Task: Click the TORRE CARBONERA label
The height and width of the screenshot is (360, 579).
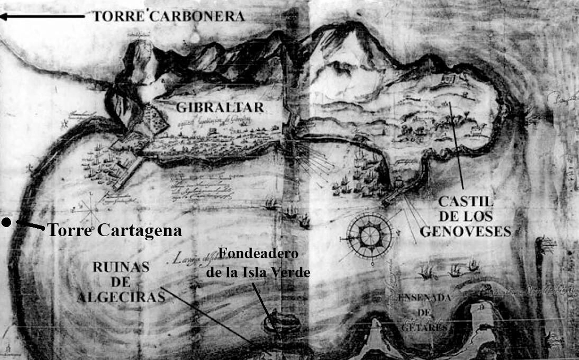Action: (x=169, y=16)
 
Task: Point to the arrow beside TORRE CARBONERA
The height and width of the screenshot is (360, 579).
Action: (x=42, y=16)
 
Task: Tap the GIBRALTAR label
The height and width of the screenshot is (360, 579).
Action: (x=220, y=107)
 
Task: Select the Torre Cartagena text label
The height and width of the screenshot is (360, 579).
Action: (x=114, y=230)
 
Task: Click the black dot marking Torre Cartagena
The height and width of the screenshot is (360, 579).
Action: (x=6, y=222)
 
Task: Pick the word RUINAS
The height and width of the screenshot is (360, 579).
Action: (x=121, y=267)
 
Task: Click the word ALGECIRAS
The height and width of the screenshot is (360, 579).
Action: (x=121, y=297)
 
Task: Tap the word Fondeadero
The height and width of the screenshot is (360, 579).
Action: (x=258, y=253)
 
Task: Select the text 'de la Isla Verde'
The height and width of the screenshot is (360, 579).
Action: (x=258, y=272)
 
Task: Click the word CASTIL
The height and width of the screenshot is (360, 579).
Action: (x=466, y=201)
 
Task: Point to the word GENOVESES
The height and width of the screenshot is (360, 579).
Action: (x=466, y=232)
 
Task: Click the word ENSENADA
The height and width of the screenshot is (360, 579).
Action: (x=424, y=298)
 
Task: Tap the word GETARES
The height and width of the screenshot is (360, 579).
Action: (x=424, y=327)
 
